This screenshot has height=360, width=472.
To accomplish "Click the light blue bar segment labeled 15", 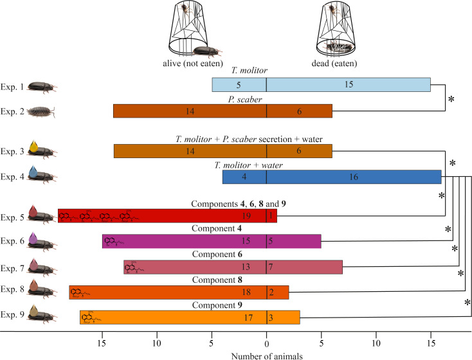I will (348, 84).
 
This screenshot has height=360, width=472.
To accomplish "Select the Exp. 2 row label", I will (13, 111).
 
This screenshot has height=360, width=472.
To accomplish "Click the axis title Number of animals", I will (266, 353).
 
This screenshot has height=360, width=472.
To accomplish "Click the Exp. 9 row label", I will (13, 316).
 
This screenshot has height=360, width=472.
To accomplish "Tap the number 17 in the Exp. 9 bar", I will (248, 317).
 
